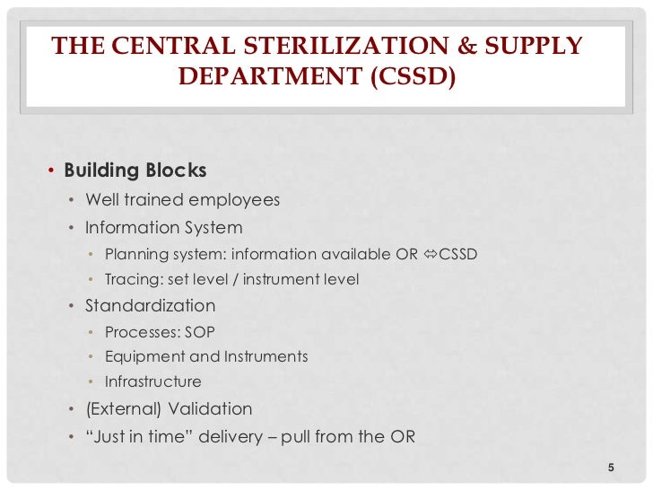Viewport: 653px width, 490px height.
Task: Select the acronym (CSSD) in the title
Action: tap(411, 77)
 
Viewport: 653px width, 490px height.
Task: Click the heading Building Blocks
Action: tap(135, 171)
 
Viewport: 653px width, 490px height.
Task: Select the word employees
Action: tap(234, 199)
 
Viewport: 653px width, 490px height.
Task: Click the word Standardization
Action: tap(150, 306)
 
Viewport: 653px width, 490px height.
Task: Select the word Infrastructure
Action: tap(152, 381)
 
